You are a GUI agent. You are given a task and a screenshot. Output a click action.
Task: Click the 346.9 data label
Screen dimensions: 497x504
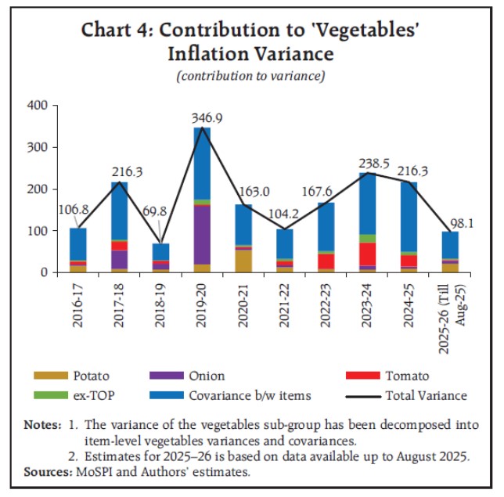202,118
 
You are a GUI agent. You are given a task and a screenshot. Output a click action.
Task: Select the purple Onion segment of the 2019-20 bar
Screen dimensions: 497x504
203,234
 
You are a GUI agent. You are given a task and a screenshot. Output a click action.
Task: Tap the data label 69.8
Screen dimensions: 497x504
160,235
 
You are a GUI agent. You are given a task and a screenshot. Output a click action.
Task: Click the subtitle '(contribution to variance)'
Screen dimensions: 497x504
250,76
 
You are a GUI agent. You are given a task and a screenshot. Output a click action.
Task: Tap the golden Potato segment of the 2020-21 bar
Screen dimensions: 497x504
243,261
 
